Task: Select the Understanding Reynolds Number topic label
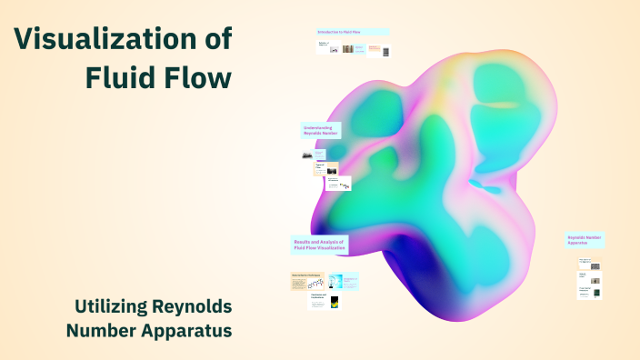pos(321,130)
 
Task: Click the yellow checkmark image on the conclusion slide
pos(335,302)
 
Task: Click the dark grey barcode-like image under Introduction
pos(385,50)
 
